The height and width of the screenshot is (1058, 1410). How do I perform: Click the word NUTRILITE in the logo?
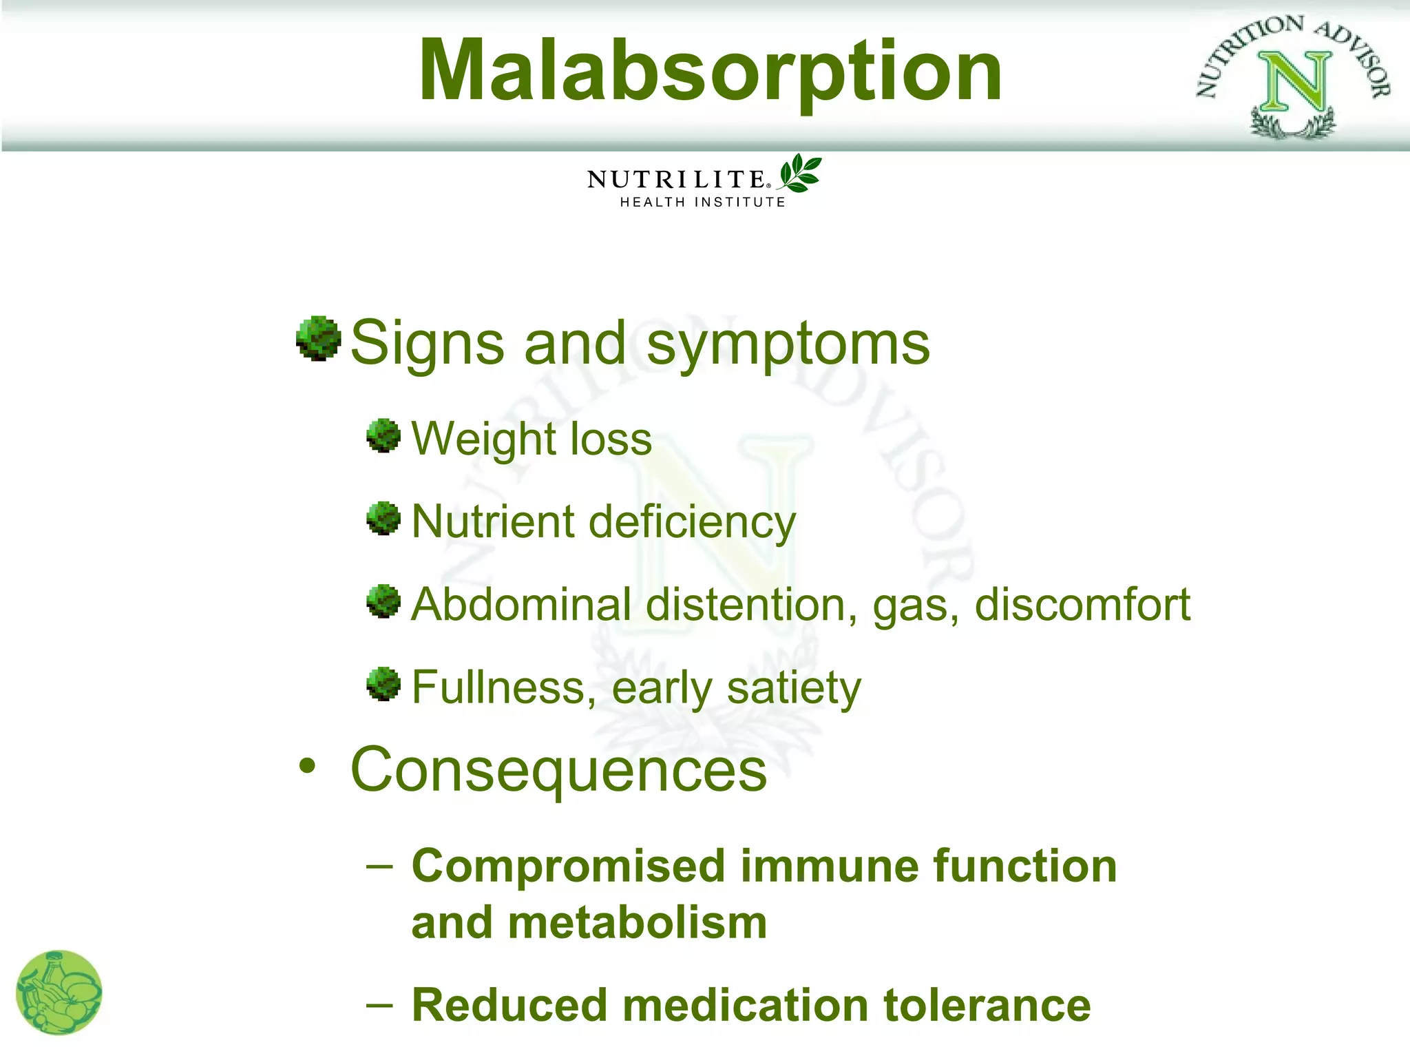(676, 180)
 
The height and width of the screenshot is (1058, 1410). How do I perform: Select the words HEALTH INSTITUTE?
(702, 202)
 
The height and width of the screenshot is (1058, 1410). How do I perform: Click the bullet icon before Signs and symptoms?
(318, 338)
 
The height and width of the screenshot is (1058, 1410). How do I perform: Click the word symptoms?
(788, 344)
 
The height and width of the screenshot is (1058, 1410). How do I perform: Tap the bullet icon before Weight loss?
(383, 435)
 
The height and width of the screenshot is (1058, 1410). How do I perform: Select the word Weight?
(474, 439)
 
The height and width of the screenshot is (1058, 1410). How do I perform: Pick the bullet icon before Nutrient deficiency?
(383, 518)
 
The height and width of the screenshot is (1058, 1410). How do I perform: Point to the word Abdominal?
(521, 605)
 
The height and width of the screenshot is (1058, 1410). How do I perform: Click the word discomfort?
(1082, 605)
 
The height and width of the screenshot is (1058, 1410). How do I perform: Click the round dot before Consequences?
(307, 766)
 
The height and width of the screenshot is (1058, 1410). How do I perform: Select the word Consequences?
(558, 770)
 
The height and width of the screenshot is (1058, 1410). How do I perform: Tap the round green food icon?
(59, 992)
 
